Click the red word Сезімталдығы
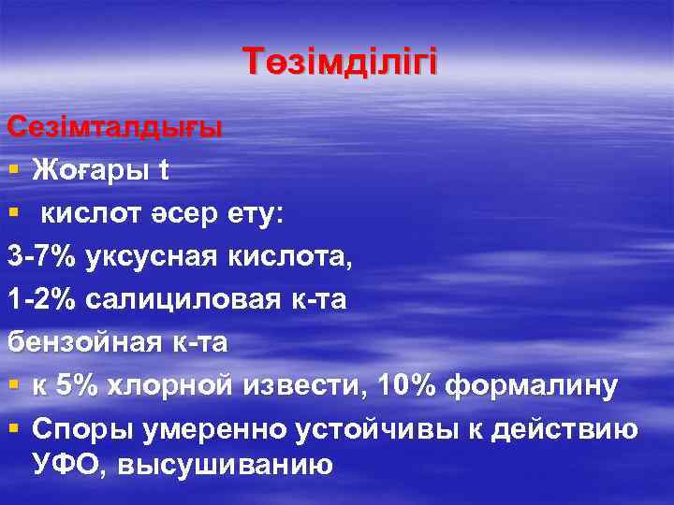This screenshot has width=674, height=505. (115, 127)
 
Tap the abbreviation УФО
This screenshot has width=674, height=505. (69, 464)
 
